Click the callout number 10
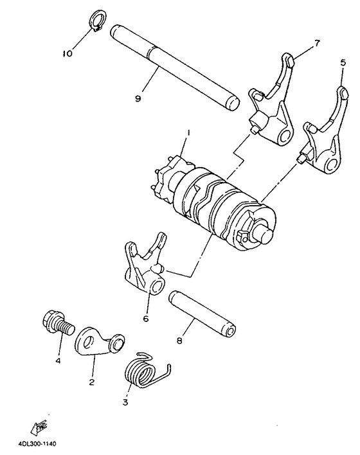pyautogui.click(x=67, y=54)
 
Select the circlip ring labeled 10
pyautogui.click(x=95, y=19)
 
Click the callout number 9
pyautogui.click(x=138, y=98)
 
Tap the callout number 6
pyautogui.click(x=145, y=317)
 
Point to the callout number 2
pyautogui.click(x=91, y=382)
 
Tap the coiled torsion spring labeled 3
pyautogui.click(x=142, y=371)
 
